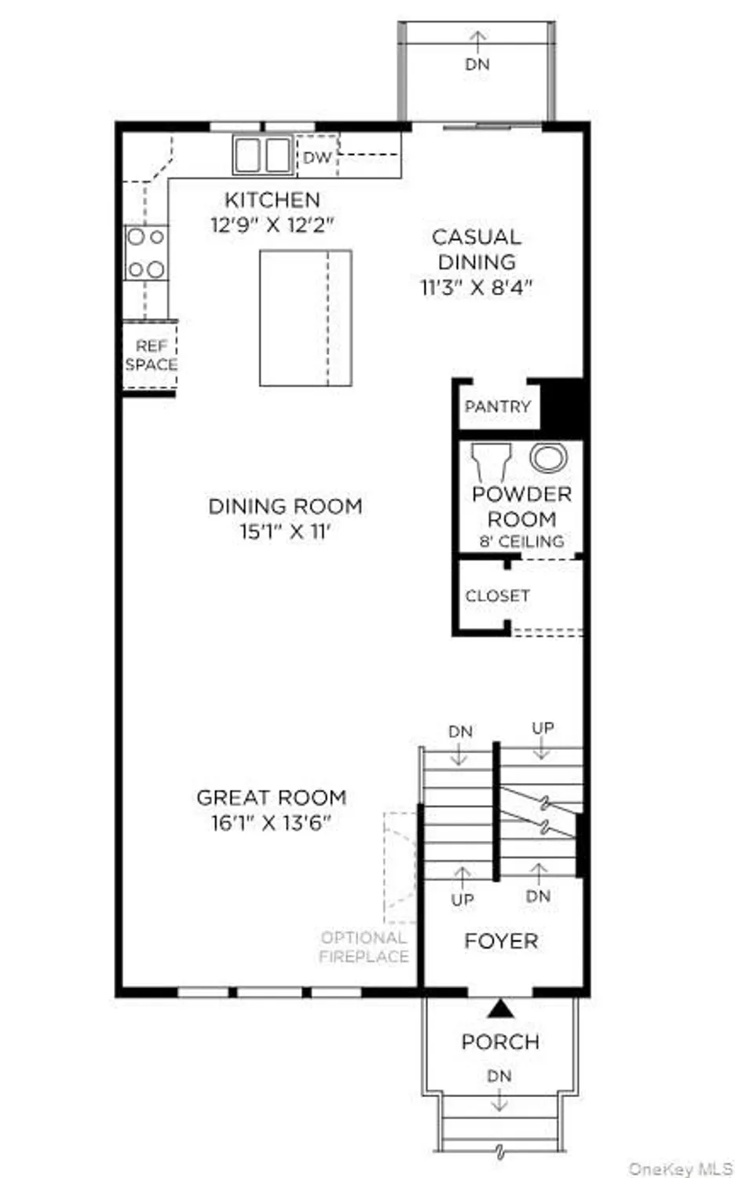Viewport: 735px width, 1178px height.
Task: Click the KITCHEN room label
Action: pos(272,199)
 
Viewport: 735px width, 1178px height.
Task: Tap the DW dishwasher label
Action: pos(317,157)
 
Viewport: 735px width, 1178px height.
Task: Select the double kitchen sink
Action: pos(262,155)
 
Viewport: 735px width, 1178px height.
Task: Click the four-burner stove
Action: pos(146,253)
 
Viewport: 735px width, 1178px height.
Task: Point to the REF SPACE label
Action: pos(151,355)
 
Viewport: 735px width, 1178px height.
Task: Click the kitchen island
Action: pos(305,318)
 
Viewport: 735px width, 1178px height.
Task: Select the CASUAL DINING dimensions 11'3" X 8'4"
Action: pos(476,287)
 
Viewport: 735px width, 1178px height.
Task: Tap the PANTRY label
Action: pos(498,406)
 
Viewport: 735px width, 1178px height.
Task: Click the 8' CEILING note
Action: pos(521,542)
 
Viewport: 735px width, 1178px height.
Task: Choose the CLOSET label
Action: pos(497,596)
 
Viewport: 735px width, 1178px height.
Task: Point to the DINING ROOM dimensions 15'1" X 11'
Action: pos(285,532)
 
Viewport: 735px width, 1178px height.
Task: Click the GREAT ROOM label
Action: pos(272,798)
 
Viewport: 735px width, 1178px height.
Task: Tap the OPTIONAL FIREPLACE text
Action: pos(364,947)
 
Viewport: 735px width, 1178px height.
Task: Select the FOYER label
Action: pos(501,941)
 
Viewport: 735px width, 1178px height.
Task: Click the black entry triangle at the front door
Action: pos(501,1008)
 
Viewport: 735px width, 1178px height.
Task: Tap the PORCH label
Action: pos(500,1042)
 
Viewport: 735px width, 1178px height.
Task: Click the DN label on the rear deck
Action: pos(477,64)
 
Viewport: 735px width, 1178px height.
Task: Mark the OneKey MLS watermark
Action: pos(680,1169)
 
